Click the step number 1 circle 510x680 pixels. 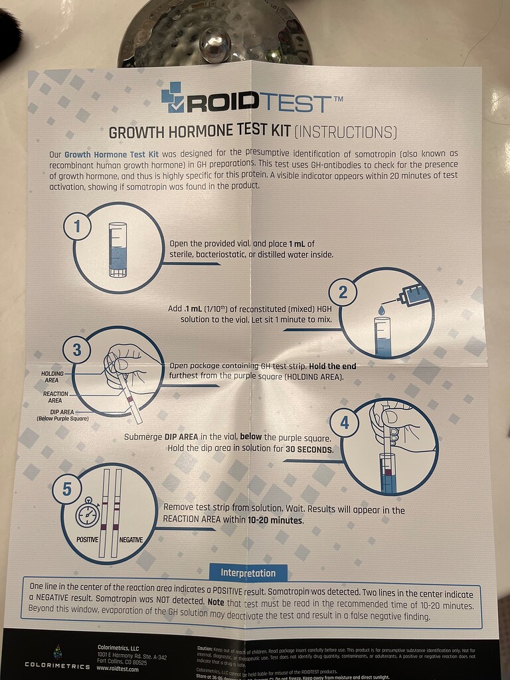point(77,228)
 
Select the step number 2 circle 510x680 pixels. point(343,292)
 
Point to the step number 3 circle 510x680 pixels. point(76,349)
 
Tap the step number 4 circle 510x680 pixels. point(344,422)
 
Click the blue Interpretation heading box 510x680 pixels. point(248,572)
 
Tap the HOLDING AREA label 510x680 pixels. point(52,377)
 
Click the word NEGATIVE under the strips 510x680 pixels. point(131,540)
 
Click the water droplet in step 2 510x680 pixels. point(382,309)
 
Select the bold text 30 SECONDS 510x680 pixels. point(309,450)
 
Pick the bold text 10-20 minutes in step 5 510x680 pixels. point(276,521)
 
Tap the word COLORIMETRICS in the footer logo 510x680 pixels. point(57,665)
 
